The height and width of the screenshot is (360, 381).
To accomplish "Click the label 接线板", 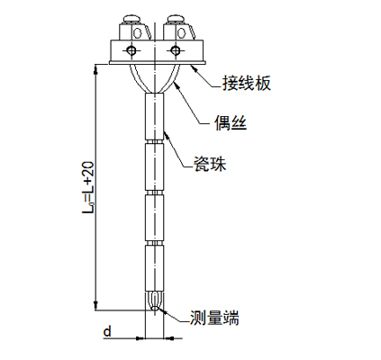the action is tap(247, 84).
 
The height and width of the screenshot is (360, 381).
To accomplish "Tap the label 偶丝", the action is tap(231, 122).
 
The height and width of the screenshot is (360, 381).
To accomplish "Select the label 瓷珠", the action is tap(210, 164).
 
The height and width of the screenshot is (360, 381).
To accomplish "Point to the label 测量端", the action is tap(214, 318).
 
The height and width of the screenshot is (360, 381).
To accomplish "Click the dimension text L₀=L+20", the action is tap(89, 187).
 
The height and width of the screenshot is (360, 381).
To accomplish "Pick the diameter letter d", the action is tap(107, 331).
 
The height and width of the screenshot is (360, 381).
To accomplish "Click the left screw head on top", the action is tap(132, 19).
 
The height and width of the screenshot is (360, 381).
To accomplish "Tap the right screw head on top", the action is tap(177, 19).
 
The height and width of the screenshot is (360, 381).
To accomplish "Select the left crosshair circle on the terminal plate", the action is tap(132, 50).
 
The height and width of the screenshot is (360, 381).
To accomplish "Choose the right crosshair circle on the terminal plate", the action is tap(176, 50).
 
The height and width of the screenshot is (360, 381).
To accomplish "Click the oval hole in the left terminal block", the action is tap(138, 32).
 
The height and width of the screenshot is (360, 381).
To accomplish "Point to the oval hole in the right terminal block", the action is tap(181, 32).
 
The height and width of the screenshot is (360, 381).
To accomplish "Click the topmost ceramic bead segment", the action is tap(155, 116).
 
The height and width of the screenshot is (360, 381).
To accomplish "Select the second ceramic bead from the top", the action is tap(155, 166).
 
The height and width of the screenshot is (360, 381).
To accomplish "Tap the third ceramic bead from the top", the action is tap(155, 218).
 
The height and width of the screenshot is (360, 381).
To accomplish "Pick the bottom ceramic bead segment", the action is tap(155, 268).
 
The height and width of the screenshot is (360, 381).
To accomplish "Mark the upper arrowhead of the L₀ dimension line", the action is tap(95, 69).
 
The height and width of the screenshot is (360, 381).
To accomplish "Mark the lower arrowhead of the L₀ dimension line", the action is tap(95, 305).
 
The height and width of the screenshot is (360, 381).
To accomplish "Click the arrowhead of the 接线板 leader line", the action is tap(194, 68).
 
